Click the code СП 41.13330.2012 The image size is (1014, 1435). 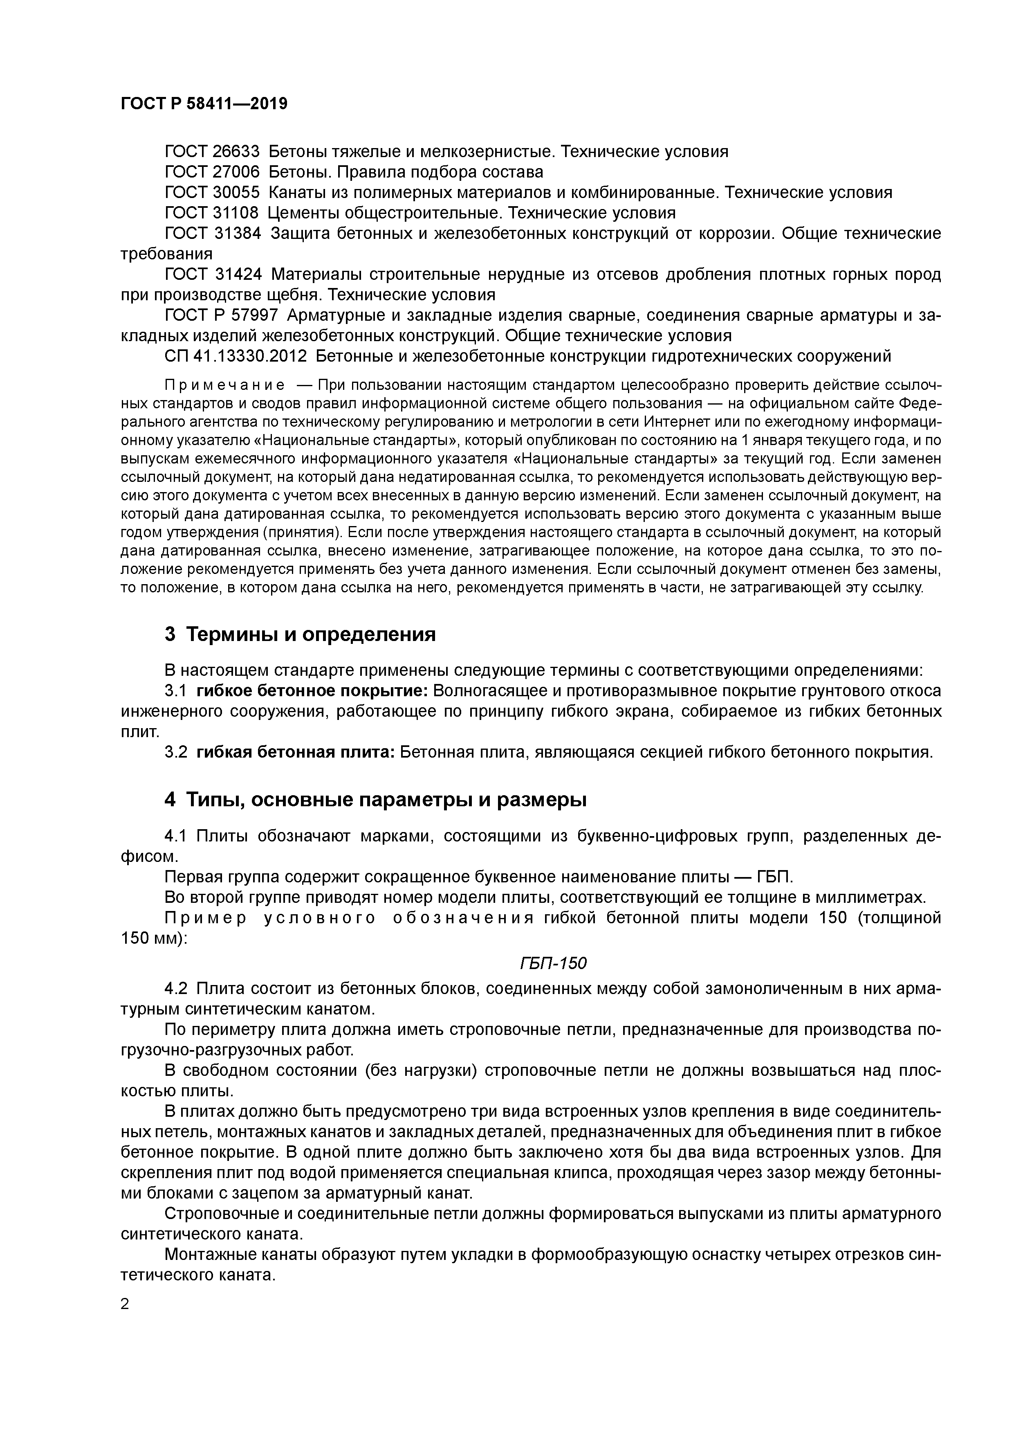coord(236,356)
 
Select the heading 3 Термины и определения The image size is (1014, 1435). coord(300,634)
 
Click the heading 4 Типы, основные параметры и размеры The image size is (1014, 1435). coord(375,799)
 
